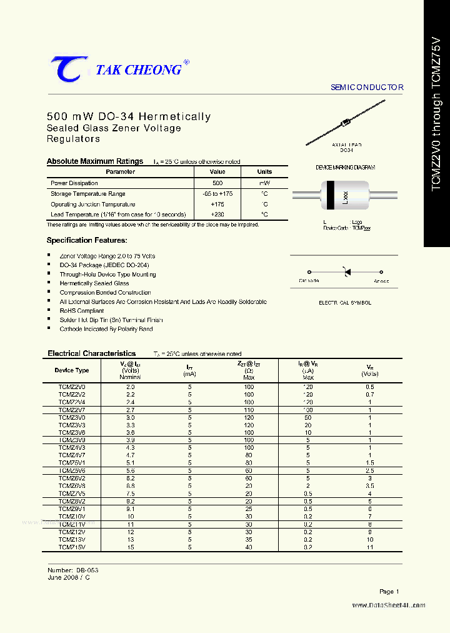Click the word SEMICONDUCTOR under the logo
click(367, 88)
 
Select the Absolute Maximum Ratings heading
click(95, 161)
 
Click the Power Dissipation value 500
click(217, 183)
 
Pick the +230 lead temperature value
click(217, 215)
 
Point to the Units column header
click(264, 171)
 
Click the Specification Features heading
click(87, 240)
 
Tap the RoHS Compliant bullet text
click(82, 310)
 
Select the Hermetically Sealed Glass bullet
click(94, 283)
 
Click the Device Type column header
click(72, 370)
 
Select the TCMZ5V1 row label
click(72, 463)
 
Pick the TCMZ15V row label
click(72, 547)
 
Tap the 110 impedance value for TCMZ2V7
click(249, 409)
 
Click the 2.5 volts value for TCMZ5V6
click(370, 470)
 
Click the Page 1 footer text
click(389, 591)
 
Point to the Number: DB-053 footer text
click(73, 570)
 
